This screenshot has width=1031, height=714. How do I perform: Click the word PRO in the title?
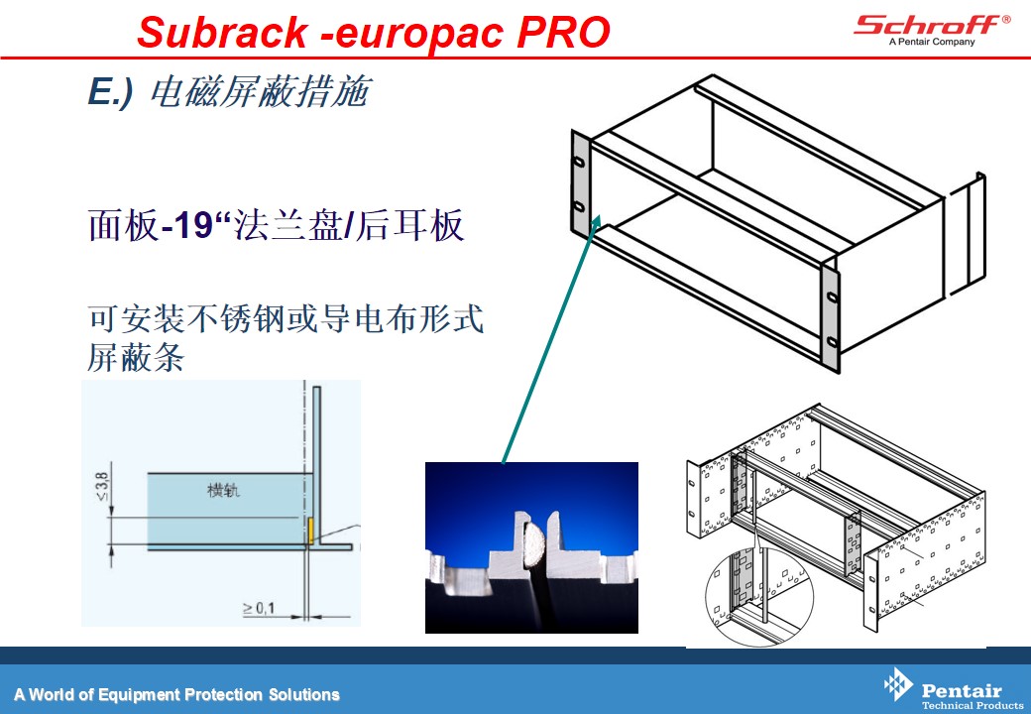pyautogui.click(x=563, y=32)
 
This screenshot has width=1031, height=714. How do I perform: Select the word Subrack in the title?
pyautogui.click(x=222, y=32)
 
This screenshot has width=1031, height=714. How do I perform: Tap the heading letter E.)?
pyautogui.click(x=110, y=91)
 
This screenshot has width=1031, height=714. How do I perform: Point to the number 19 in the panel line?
pyautogui.click(x=194, y=225)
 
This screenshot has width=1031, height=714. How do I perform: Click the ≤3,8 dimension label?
pyautogui.click(x=102, y=485)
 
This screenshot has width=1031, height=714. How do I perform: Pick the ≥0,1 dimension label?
pyautogui.click(x=259, y=608)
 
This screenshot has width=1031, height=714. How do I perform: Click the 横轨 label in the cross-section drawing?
pyautogui.click(x=224, y=490)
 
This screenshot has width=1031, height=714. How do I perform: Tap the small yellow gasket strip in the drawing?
pyautogui.click(x=310, y=531)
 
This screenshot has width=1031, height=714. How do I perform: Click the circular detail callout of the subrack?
pyautogui.click(x=759, y=595)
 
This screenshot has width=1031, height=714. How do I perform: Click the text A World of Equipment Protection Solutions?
pyautogui.click(x=176, y=694)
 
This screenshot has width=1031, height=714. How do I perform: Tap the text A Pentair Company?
pyautogui.click(x=932, y=42)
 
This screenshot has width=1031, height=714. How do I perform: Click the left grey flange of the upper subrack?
pyautogui.click(x=579, y=182)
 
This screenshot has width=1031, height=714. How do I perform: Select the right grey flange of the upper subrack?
pyautogui.click(x=831, y=316)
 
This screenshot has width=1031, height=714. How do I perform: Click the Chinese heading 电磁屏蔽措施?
pyautogui.click(x=262, y=91)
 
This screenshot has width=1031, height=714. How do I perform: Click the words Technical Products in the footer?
pyautogui.click(x=973, y=705)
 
